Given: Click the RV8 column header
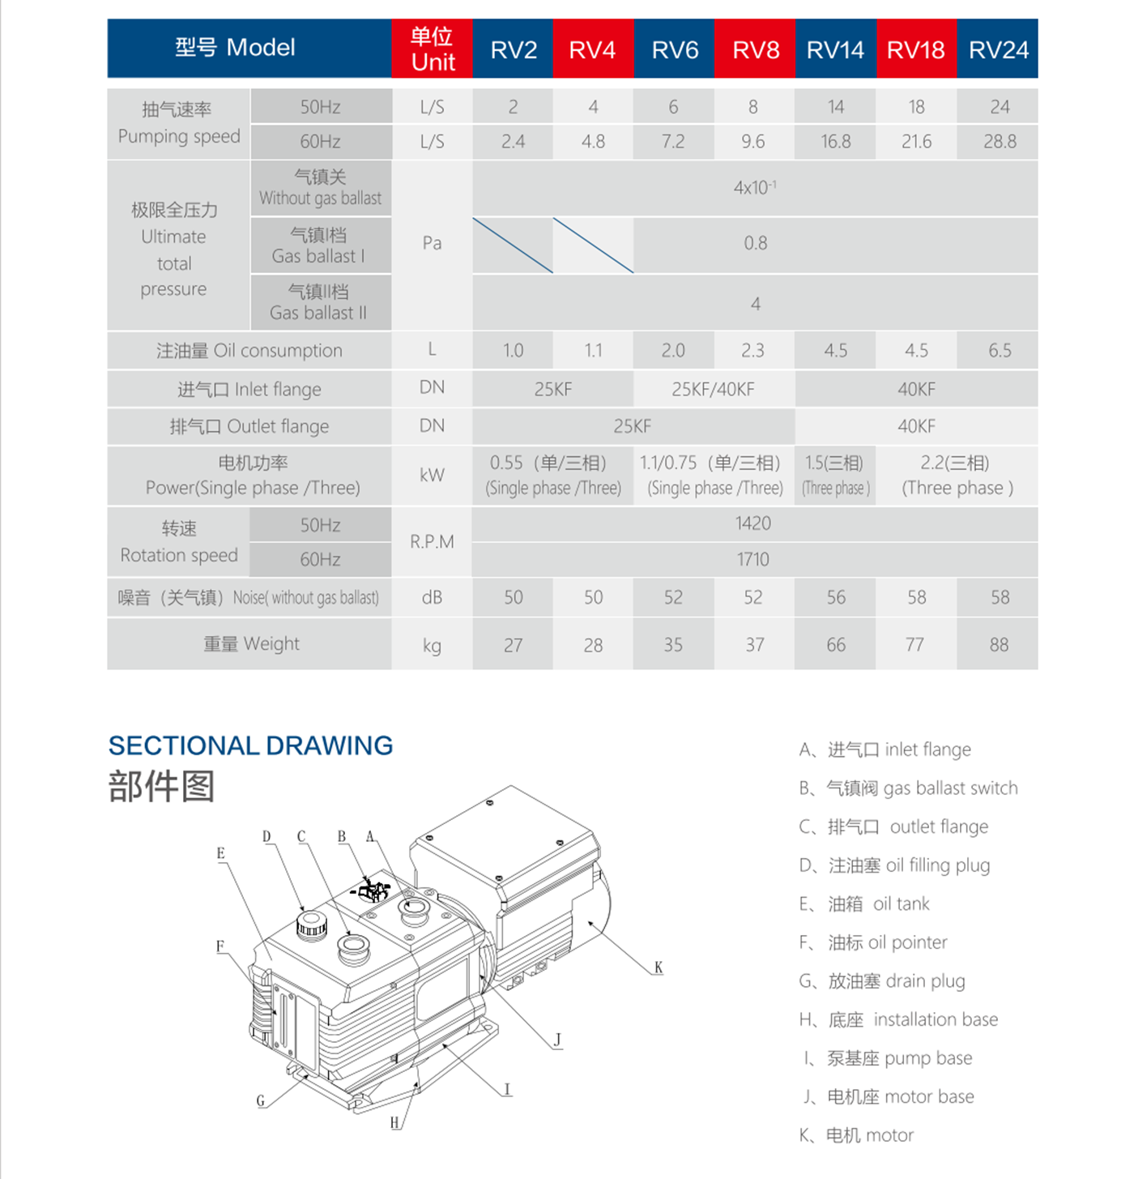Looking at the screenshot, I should (x=755, y=49).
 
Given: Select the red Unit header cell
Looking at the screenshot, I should (x=432, y=49).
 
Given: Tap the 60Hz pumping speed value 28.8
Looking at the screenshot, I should (x=999, y=142).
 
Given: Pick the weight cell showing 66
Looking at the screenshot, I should (x=835, y=645).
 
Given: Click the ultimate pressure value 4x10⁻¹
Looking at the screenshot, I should (x=755, y=188).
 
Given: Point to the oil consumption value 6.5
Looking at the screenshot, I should (x=999, y=351).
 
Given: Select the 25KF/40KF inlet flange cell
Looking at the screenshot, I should (x=713, y=390).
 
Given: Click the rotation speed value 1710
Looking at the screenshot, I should (x=753, y=559).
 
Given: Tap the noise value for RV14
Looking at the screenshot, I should (x=835, y=598).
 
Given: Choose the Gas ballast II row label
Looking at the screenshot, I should (x=319, y=302).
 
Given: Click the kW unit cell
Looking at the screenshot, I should (x=432, y=475).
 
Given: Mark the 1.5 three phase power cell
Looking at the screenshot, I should (x=835, y=475).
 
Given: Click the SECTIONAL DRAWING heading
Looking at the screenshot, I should (x=250, y=745).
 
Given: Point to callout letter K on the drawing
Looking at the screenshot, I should (x=659, y=968).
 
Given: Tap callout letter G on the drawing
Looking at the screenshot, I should (x=261, y=1100).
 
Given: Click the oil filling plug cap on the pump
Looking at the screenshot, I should (x=312, y=924).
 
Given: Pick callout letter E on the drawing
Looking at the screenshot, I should (x=220, y=853).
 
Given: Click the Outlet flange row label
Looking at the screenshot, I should (x=249, y=426).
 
